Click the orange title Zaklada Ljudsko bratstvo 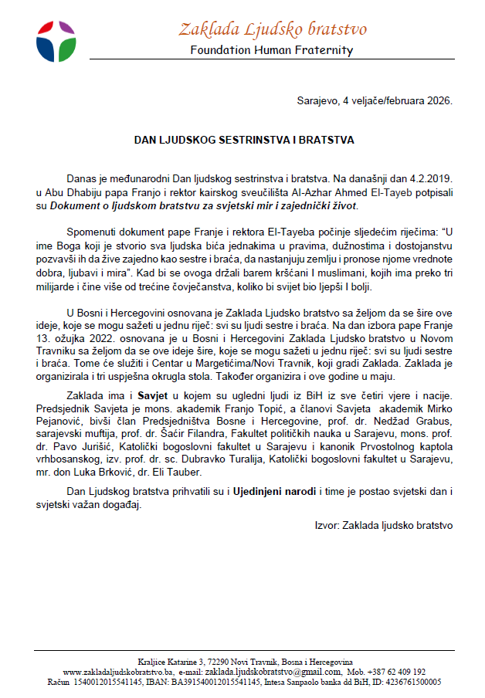tap(272, 29)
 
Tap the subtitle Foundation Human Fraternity tap(272, 50)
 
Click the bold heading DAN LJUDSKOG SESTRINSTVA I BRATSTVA tap(244, 141)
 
